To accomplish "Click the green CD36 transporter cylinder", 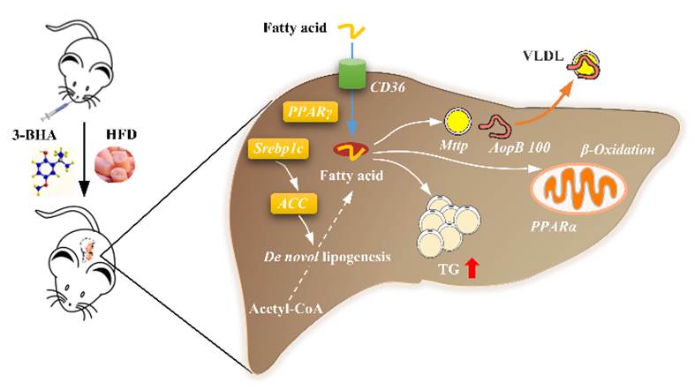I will coord(352,74).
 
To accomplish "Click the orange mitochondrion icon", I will coord(581,191).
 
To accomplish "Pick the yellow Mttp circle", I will coord(457,121).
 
